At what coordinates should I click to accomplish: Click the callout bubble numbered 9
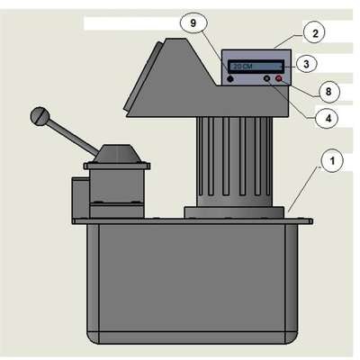tap(193, 23)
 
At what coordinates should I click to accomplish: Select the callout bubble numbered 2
tap(315, 33)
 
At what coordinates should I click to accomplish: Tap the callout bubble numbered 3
tap(306, 64)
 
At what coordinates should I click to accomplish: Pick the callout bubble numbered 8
tap(328, 91)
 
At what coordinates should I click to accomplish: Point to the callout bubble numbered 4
tap(328, 119)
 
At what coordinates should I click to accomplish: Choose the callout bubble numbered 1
tap(332, 160)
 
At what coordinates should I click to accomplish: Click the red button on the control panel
tap(279, 79)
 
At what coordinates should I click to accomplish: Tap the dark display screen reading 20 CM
tap(256, 67)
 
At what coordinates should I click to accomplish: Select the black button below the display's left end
tap(230, 79)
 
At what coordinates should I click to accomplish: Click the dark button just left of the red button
tap(266, 79)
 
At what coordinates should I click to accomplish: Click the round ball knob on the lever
tap(40, 116)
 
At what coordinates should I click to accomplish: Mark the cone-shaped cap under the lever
tap(117, 154)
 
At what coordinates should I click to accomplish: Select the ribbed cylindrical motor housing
tap(234, 162)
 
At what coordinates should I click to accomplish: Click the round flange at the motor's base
tap(234, 212)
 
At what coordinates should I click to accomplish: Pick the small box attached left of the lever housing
tap(80, 198)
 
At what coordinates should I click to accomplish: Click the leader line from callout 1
tap(304, 189)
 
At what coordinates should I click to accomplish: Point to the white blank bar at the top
tap(132, 23)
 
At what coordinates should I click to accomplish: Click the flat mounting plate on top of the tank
tap(193, 221)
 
